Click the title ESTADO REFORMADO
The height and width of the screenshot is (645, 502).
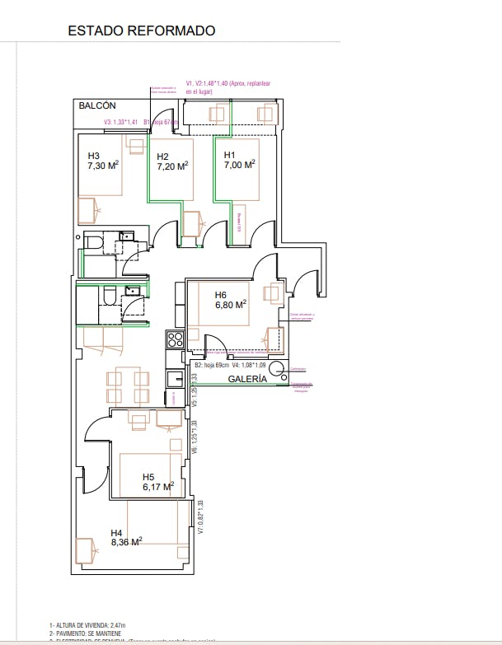coord(141,31)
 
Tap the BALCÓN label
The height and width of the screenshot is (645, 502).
coord(96,106)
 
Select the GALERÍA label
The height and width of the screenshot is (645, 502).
coord(247,379)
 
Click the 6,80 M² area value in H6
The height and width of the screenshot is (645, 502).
coord(232,305)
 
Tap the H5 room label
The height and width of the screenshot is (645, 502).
coord(148,476)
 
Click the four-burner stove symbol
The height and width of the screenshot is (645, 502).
coord(174,339)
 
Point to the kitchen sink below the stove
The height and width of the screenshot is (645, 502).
coord(174,379)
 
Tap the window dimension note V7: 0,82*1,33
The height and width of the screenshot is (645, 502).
coord(200,517)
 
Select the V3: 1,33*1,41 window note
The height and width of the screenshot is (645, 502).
coord(121,123)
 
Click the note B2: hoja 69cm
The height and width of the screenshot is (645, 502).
coord(210,364)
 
